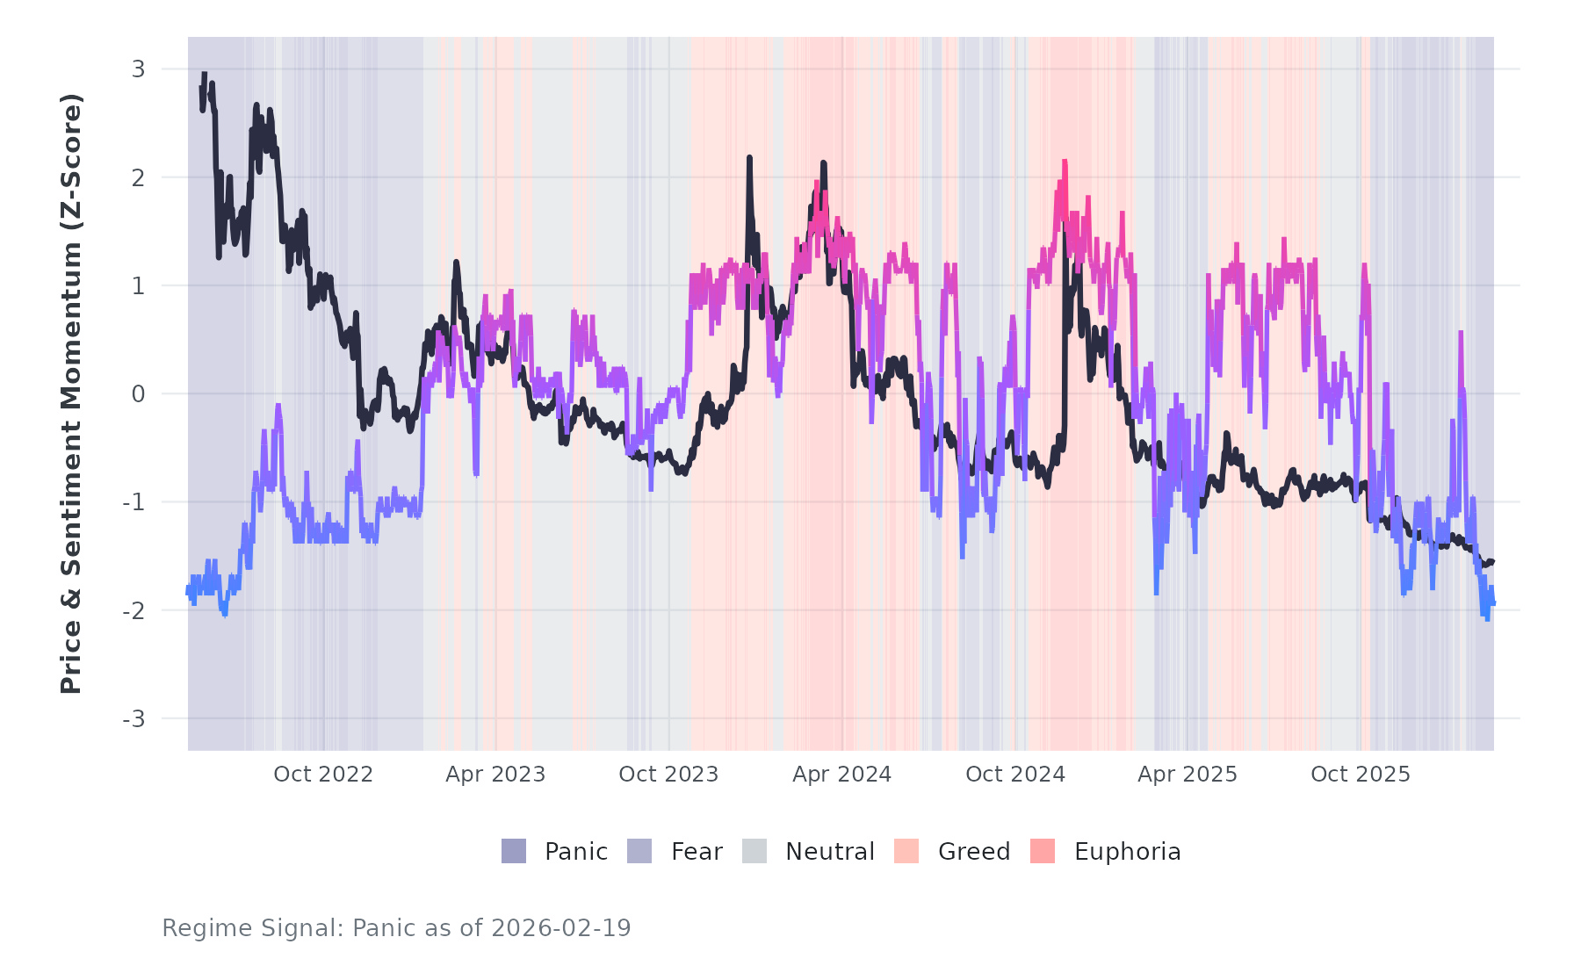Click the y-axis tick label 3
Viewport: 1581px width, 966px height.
point(138,69)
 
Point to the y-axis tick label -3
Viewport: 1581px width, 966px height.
point(134,719)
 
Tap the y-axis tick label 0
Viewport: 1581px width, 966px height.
point(138,394)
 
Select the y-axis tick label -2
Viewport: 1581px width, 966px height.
point(134,611)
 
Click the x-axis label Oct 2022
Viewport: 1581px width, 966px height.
point(323,775)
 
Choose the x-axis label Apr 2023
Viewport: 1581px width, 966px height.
point(495,775)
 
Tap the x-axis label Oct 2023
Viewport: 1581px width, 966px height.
point(668,775)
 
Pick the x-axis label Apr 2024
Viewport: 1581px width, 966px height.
point(841,775)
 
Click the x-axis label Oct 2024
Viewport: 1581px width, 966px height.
point(1015,775)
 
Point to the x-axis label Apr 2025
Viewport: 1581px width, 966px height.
point(1188,775)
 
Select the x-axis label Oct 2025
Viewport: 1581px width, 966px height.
point(1361,775)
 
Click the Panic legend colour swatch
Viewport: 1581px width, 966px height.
point(514,851)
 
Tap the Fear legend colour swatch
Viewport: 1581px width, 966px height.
point(639,851)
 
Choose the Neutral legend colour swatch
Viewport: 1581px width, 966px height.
point(754,851)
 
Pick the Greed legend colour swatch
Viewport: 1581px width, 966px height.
point(906,851)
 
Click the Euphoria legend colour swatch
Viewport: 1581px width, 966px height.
point(1043,851)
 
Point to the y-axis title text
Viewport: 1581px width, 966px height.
point(71,393)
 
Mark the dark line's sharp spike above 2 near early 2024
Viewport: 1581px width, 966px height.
point(749,159)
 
